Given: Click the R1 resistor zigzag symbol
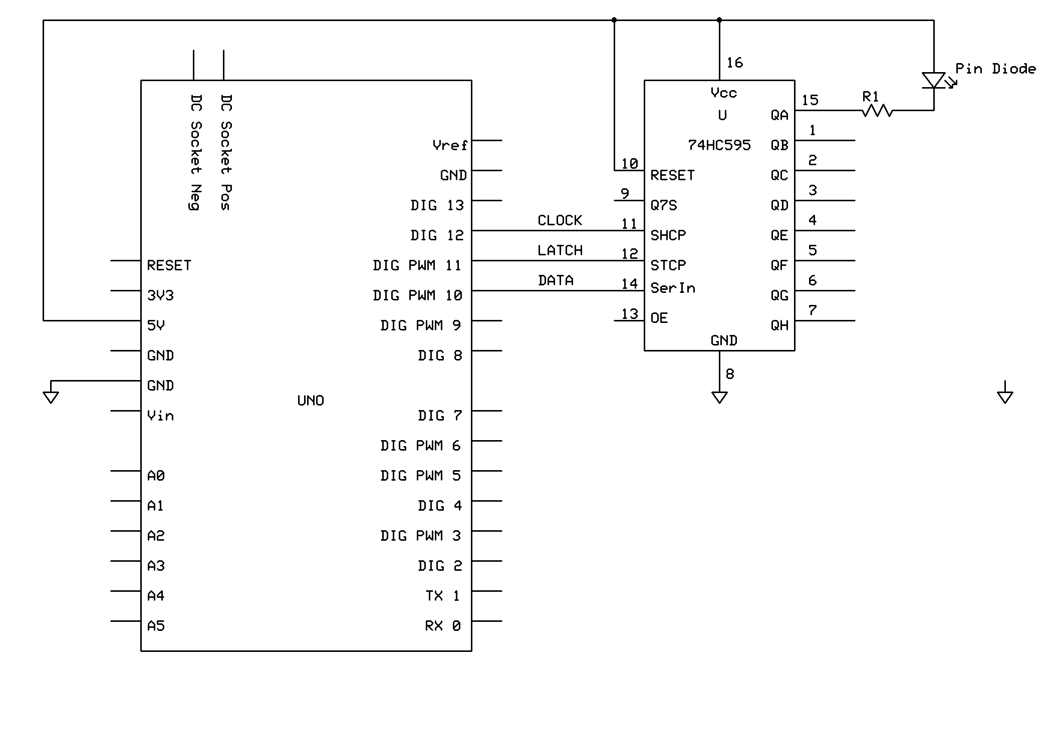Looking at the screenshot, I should pyautogui.click(x=877, y=110).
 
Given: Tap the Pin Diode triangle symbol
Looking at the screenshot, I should pyautogui.click(x=934, y=80).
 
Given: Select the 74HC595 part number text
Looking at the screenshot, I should pyautogui.click(x=719, y=145).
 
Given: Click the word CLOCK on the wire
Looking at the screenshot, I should pyautogui.click(x=560, y=220).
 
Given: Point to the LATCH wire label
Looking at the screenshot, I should pyautogui.click(x=560, y=250).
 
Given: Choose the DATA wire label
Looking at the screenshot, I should pyautogui.click(x=556, y=280).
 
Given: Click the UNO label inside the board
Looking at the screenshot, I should pyautogui.click(x=311, y=401).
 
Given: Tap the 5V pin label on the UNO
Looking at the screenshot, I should pyautogui.click(x=155, y=325).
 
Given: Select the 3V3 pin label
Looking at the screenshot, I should pyautogui.click(x=160, y=295).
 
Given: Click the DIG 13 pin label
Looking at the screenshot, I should pyautogui.click(x=437, y=205).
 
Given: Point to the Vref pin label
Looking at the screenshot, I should pyautogui.click(x=450, y=145).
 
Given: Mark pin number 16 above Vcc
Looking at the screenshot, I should pyautogui.click(x=734, y=63).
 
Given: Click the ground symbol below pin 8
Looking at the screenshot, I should pyautogui.click(x=719, y=398).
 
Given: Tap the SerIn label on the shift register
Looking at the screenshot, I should pyautogui.click(x=673, y=288).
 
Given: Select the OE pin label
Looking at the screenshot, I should pyautogui.click(x=659, y=318).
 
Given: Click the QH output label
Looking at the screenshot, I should pyautogui.click(x=779, y=325).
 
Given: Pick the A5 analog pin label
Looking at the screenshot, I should pyautogui.click(x=156, y=626).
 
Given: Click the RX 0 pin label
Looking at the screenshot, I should pyautogui.click(x=443, y=626).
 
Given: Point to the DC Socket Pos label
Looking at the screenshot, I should pyautogui.click(x=226, y=152).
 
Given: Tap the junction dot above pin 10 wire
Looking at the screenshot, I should pyautogui.click(x=614, y=20).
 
